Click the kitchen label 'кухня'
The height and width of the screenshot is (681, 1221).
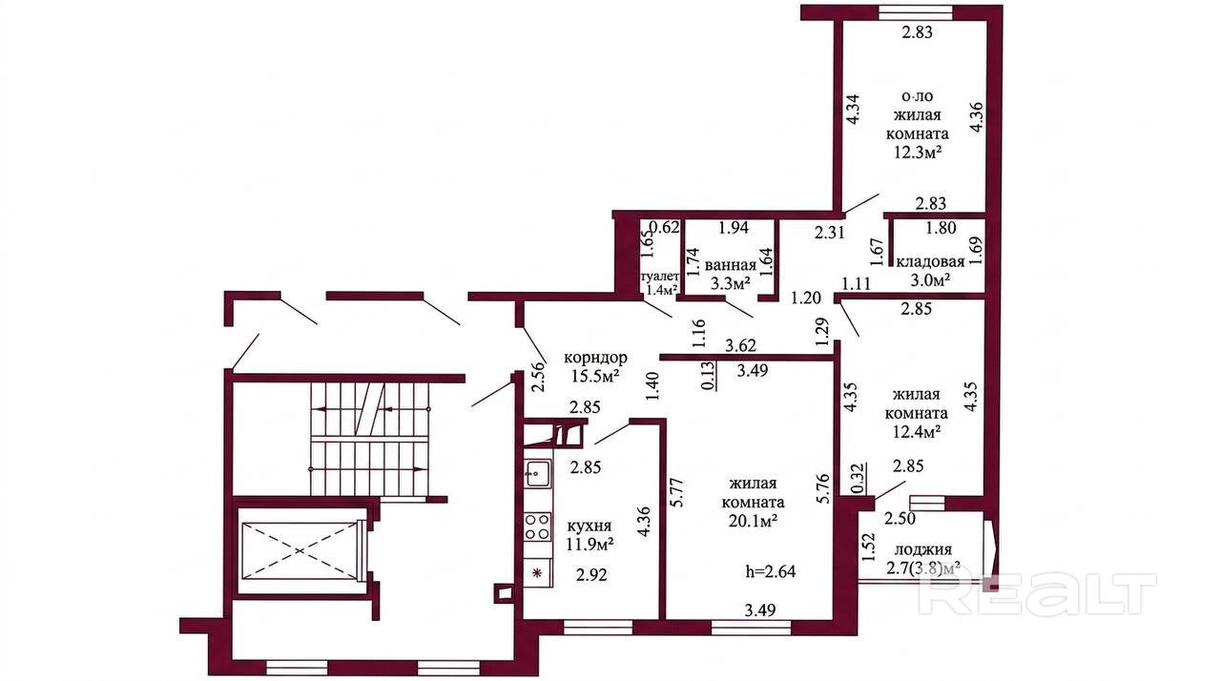(x=590, y=526)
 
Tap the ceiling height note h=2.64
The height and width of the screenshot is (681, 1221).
(x=770, y=571)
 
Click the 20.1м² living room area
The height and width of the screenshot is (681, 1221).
(x=753, y=521)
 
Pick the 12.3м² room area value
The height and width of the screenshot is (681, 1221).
(x=918, y=152)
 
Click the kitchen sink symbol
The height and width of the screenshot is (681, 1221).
(x=539, y=473)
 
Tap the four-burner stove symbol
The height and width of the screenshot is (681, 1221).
(x=538, y=526)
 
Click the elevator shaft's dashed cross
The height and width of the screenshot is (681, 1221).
(x=300, y=550)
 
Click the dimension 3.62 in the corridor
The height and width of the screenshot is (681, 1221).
(x=740, y=345)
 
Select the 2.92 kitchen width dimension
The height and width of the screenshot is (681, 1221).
(x=591, y=575)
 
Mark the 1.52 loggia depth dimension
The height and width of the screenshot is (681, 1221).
(x=869, y=547)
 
